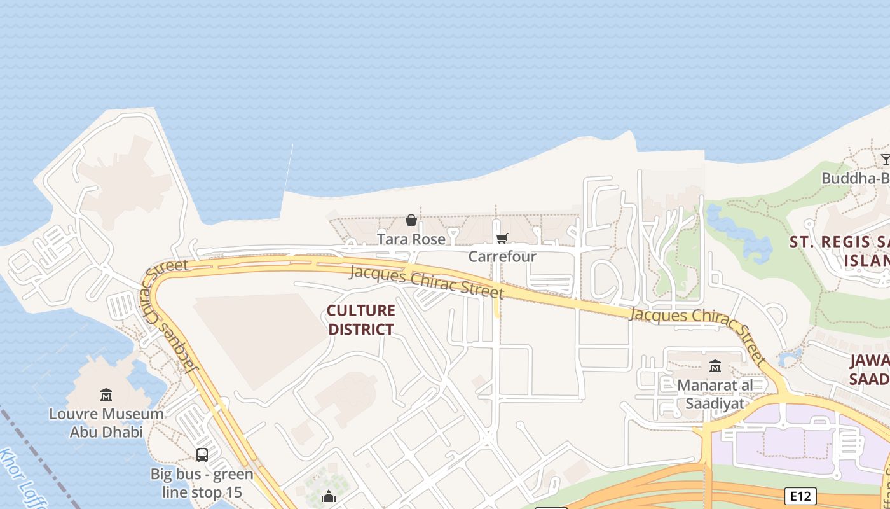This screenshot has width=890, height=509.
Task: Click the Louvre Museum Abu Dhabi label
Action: coord(106,422)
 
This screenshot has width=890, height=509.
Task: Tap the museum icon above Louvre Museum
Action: coord(106,395)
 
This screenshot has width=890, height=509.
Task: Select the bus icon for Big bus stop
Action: coord(202,454)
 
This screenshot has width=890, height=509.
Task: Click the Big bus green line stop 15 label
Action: coord(202,483)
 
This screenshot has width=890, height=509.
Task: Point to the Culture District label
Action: coord(360,319)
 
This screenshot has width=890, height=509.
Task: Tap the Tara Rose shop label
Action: coord(411,239)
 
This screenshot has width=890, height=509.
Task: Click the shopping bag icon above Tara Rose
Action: coord(411,220)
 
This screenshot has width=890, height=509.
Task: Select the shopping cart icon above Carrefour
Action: coord(502,239)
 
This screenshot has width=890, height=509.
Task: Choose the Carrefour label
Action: coord(502,256)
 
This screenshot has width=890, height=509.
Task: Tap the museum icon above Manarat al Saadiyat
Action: coord(715,366)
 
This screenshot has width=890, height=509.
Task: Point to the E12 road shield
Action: coord(800,496)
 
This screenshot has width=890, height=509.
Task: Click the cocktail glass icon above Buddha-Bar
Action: coord(885,159)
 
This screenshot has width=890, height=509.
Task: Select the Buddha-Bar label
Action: coord(855,178)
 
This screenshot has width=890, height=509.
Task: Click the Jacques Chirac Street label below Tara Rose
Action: coord(426,282)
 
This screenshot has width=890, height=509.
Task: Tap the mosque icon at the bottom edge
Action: coord(329,496)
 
